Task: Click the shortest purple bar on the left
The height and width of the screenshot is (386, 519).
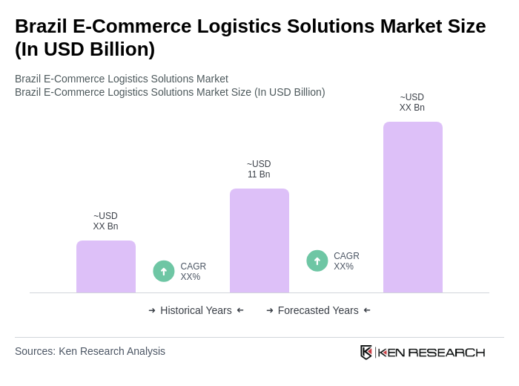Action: point(105,266)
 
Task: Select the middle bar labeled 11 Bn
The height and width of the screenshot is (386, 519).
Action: point(259,241)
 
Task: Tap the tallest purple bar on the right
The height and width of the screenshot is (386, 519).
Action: point(412,207)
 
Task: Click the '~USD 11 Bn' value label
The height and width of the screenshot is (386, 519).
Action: point(259,169)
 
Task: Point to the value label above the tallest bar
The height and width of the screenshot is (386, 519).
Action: point(412,102)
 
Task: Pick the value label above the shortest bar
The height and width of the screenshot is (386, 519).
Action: point(105,221)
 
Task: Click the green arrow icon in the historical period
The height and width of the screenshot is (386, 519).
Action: point(164,271)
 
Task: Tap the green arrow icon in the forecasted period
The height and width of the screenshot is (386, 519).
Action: point(317,261)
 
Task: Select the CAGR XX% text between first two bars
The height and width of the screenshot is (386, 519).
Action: point(193,272)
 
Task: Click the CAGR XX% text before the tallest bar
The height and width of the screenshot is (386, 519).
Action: point(346,261)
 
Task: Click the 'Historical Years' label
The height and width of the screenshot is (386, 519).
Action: point(196,310)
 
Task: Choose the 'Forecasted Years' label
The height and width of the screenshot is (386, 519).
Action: point(318,310)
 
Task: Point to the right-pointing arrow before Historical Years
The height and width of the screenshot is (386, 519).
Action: point(152,310)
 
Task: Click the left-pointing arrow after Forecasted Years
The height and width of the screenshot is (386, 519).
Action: point(367,310)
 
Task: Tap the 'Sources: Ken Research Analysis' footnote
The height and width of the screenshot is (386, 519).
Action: point(90,351)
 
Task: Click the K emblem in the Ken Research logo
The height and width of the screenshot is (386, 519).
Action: point(366,352)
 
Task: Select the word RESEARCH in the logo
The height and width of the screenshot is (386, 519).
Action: point(446,352)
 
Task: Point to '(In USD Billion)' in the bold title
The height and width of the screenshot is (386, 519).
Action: point(85,49)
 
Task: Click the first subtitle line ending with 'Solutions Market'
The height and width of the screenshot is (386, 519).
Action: point(122,79)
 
